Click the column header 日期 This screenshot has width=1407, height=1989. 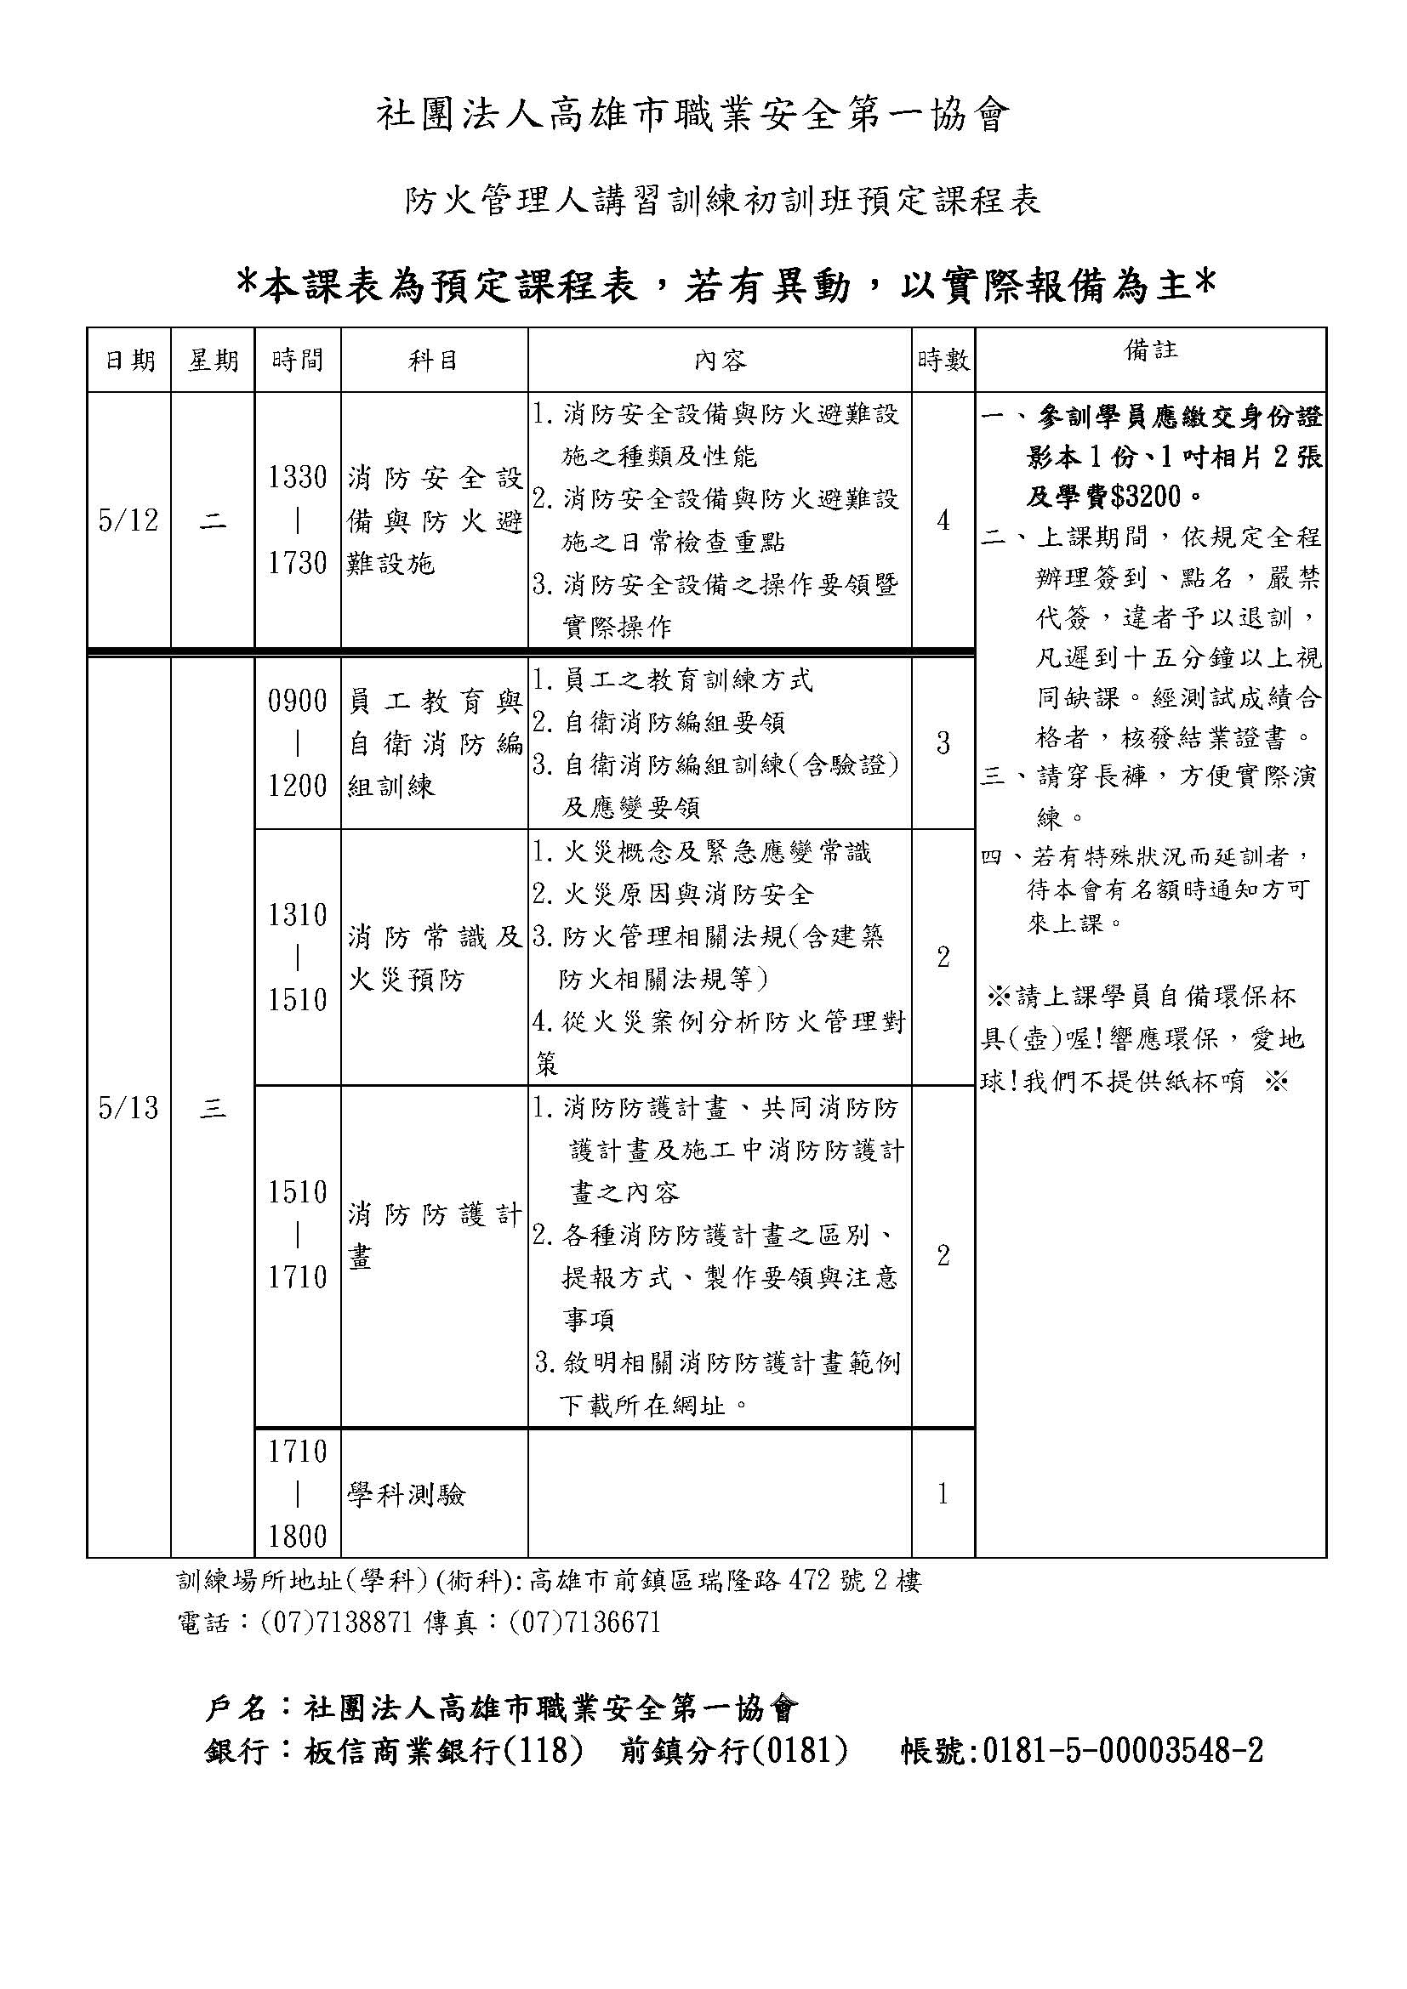coord(130,360)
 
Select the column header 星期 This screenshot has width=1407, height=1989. coord(214,360)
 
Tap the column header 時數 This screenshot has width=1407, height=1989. coord(943,360)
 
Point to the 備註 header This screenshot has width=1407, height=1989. coord(1151,350)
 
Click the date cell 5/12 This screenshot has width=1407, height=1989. coord(129,520)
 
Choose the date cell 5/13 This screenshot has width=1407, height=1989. coord(129,1108)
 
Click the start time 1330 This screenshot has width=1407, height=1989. coord(297,477)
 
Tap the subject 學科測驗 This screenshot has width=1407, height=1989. coord(407,1495)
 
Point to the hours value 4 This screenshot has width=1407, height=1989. coord(943,520)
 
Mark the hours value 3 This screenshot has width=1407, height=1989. coord(943,743)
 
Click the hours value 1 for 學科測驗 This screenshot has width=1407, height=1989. coord(943,1495)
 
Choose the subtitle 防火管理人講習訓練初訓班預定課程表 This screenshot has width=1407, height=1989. coord(723,201)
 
